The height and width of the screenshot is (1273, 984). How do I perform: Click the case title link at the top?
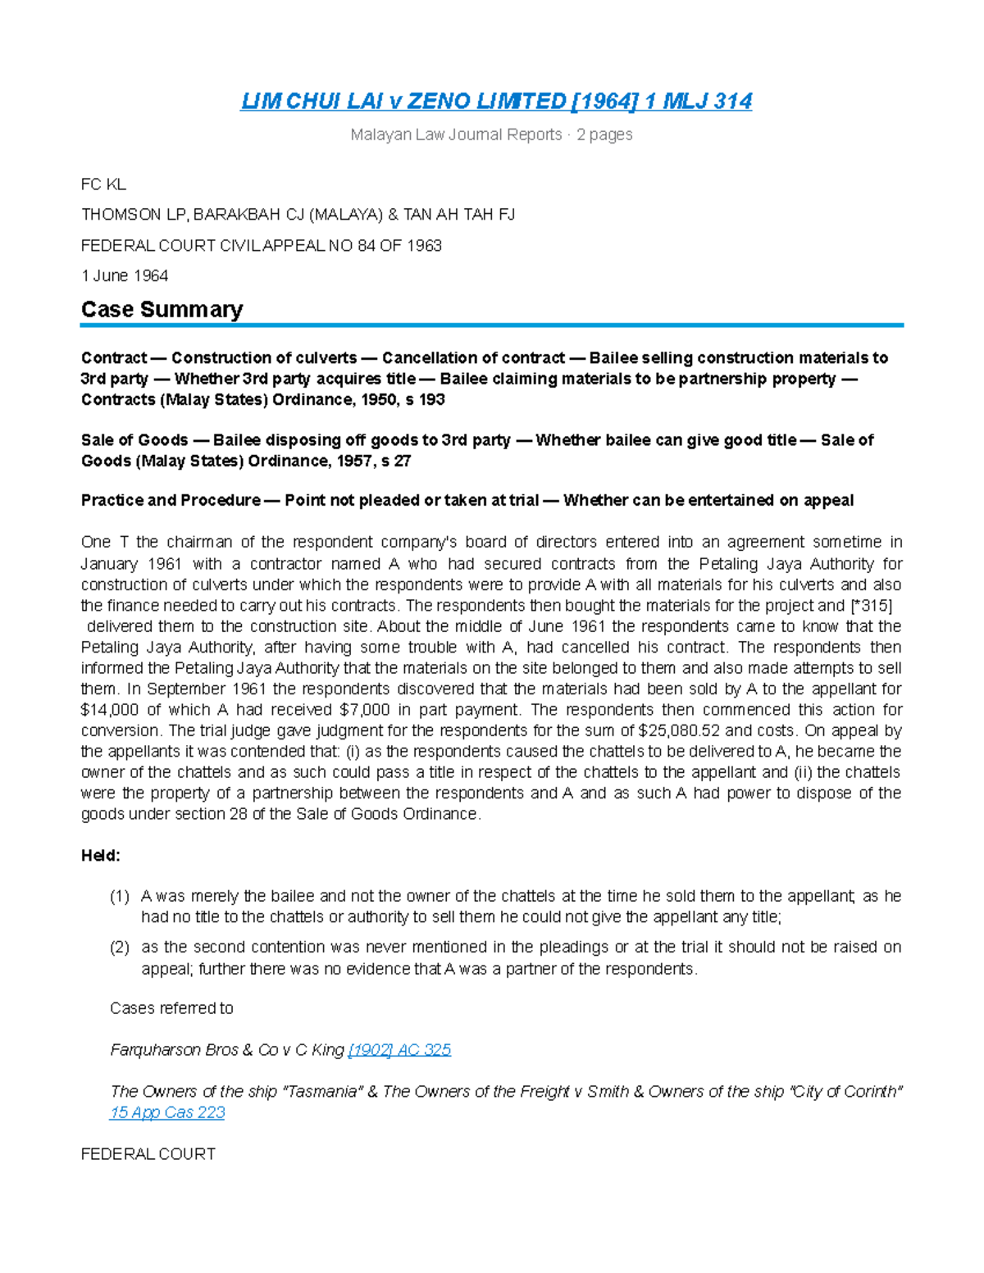496,101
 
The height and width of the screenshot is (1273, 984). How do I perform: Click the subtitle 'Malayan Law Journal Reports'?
456,134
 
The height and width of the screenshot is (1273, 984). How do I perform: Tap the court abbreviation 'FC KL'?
103,184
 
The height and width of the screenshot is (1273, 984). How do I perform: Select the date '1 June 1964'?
125,275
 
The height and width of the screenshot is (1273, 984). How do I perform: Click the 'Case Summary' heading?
162,309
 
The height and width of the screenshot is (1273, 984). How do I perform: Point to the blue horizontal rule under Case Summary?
492,325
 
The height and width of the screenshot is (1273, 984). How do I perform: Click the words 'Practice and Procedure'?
171,500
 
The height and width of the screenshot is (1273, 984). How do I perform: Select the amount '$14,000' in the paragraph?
110,710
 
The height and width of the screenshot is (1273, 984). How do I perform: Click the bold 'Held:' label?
100,855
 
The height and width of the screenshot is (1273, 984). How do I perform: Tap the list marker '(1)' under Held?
120,896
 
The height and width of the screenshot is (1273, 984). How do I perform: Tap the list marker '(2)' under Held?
120,947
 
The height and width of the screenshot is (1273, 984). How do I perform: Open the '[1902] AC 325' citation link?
399,1049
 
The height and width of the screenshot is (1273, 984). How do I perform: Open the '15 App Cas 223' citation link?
167,1112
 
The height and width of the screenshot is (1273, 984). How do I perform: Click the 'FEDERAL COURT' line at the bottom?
148,1153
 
